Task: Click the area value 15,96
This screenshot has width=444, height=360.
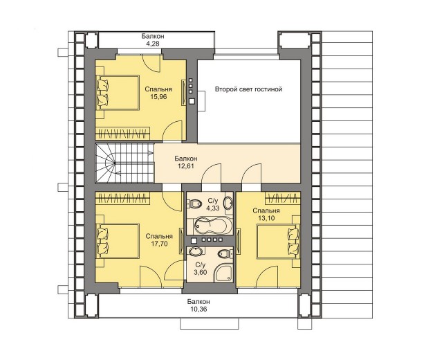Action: [158, 97]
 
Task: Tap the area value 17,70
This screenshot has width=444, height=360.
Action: [159, 244]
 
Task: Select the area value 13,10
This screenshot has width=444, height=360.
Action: [266, 218]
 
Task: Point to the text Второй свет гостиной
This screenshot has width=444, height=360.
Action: [248, 89]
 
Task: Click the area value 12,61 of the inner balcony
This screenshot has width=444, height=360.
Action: [186, 166]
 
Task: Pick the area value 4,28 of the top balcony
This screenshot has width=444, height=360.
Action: [153, 44]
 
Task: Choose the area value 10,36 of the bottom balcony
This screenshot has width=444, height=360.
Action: [198, 309]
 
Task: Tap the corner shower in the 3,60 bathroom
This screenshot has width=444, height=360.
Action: [223, 273]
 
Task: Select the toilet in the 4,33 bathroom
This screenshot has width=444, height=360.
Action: [194, 204]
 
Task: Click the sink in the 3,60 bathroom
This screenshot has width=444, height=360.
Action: [196, 252]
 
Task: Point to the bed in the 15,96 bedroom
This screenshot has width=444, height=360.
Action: [118, 92]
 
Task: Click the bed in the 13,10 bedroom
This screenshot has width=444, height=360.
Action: [278, 241]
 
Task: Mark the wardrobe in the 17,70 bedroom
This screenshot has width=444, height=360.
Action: [122, 197]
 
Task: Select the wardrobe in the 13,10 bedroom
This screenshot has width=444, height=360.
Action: [283, 197]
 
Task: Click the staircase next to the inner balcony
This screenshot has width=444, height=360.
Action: [125, 163]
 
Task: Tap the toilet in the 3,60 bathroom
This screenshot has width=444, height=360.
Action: [225, 253]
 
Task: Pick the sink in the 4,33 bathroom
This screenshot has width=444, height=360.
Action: [228, 204]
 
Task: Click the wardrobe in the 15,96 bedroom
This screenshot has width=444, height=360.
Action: [122, 134]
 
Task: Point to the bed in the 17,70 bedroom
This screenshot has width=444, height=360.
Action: [118, 241]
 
